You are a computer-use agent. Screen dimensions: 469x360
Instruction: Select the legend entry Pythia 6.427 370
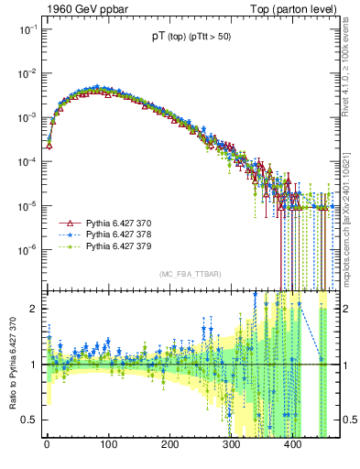tap(118, 223)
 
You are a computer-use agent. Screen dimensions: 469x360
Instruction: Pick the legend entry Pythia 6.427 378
tap(118, 234)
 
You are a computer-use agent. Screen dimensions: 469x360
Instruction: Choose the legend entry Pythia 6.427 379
tap(118, 246)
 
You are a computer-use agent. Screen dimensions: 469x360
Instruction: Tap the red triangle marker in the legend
tap(68, 223)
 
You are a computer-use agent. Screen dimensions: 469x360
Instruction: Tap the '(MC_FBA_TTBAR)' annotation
tap(188, 276)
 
